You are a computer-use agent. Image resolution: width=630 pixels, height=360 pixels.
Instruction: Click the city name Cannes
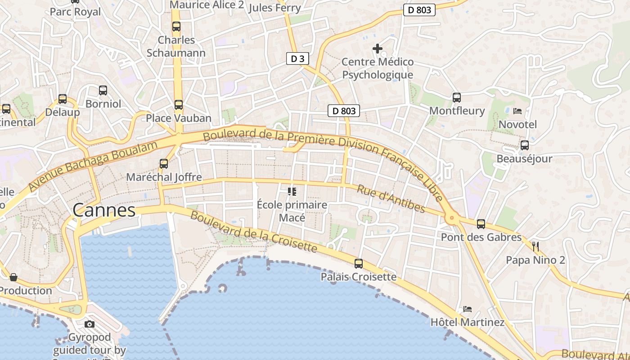(x=104, y=210)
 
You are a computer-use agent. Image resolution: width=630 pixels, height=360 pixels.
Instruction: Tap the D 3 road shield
(x=298, y=58)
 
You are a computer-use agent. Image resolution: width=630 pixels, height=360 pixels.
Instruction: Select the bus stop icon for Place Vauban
(x=179, y=105)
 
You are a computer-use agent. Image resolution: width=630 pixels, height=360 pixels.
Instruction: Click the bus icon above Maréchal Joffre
(x=164, y=164)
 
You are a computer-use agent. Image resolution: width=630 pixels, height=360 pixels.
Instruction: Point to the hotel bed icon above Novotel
(x=517, y=111)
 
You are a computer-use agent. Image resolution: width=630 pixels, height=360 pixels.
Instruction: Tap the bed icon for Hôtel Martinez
(x=468, y=309)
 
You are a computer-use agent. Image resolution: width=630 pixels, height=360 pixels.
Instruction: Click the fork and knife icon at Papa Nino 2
(x=535, y=246)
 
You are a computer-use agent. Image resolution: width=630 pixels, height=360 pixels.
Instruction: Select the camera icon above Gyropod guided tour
(x=90, y=324)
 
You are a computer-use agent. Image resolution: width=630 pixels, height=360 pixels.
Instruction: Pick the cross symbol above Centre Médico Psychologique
(x=378, y=48)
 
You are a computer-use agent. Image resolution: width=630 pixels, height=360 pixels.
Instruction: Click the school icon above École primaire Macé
(x=292, y=192)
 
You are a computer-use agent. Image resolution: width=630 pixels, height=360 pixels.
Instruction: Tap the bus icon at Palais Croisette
(x=359, y=264)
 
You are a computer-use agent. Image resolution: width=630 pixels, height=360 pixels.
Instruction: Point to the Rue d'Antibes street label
(x=391, y=198)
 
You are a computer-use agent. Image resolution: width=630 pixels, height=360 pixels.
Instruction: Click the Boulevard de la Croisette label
(x=254, y=231)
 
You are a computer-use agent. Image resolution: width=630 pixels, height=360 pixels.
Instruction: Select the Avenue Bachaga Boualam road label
(x=94, y=166)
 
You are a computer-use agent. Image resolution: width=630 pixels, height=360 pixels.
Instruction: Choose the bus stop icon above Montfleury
(x=457, y=97)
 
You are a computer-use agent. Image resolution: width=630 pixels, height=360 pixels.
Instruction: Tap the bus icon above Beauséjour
(x=525, y=145)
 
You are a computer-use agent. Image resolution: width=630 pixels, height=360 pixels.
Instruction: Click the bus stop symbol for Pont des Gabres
(x=481, y=224)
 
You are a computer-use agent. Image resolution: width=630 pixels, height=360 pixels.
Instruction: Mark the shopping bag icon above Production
(x=13, y=277)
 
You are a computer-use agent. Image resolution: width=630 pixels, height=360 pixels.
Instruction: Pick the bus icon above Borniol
(x=103, y=90)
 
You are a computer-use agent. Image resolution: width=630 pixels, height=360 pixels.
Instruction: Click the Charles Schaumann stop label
(x=176, y=46)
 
